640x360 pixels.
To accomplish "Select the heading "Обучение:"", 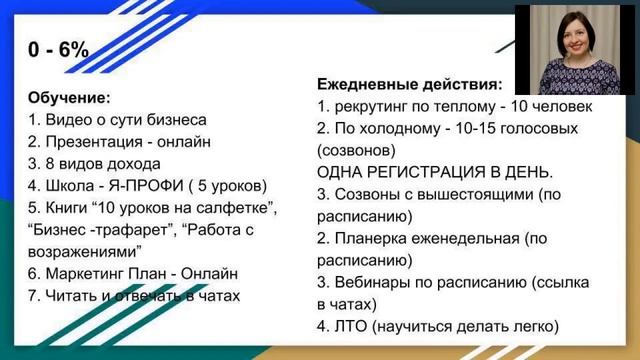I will (69, 98).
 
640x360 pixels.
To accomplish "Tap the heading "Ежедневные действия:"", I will (409, 85).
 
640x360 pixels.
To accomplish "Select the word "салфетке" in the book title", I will (240, 207).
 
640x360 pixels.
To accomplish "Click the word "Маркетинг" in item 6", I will (85, 273).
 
